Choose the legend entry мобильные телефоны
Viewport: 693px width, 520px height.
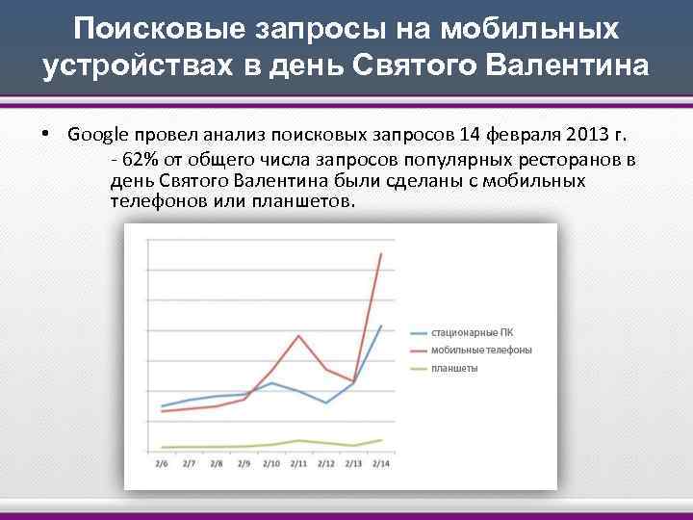point(480,351)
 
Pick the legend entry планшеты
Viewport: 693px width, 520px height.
point(454,369)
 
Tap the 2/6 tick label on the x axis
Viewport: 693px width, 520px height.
point(162,464)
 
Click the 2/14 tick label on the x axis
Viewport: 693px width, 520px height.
point(382,464)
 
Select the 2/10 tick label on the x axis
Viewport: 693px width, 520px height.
point(271,464)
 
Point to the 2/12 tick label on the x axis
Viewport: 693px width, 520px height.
point(326,464)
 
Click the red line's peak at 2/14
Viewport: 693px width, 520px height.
point(382,253)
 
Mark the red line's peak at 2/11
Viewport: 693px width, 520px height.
point(299,335)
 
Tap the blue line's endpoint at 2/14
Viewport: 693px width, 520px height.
point(382,325)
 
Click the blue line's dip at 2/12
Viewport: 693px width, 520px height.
point(326,403)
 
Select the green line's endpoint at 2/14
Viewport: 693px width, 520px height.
point(382,440)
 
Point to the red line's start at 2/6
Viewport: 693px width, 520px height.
point(162,411)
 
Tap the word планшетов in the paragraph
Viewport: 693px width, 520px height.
point(300,202)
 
